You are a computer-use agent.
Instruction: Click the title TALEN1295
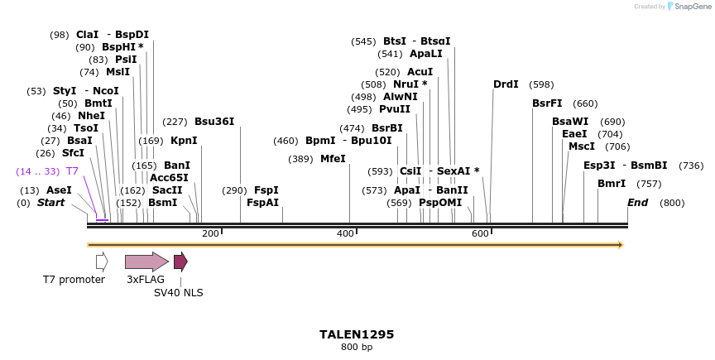pyautogui.click(x=357, y=334)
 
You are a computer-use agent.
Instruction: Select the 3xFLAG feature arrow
pyautogui.click(x=146, y=262)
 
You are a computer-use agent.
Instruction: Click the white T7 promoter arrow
pyautogui.click(x=102, y=262)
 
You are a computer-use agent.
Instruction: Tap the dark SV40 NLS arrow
pyautogui.click(x=180, y=262)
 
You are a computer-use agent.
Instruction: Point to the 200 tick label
pyautogui.click(x=210, y=234)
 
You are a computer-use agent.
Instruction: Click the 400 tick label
pyautogui.click(x=345, y=234)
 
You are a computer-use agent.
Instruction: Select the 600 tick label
pyautogui.click(x=480, y=234)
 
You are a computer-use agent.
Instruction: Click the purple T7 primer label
pyautogui.click(x=73, y=171)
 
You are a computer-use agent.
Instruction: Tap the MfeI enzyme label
pyautogui.click(x=333, y=159)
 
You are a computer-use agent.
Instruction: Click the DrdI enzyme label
pyautogui.click(x=506, y=84)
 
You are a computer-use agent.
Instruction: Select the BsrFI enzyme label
pyautogui.click(x=547, y=103)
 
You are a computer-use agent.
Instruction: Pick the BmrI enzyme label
pyautogui.click(x=612, y=184)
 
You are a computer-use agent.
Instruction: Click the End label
pyautogui.click(x=637, y=203)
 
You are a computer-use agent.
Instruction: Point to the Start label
pyautogui.click(x=50, y=203)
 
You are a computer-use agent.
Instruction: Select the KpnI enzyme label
pyautogui.click(x=184, y=141)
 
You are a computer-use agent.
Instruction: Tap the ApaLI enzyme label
pyautogui.click(x=426, y=54)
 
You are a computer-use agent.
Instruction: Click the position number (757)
pyautogui.click(x=650, y=184)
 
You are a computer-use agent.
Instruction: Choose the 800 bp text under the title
pyautogui.click(x=357, y=348)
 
